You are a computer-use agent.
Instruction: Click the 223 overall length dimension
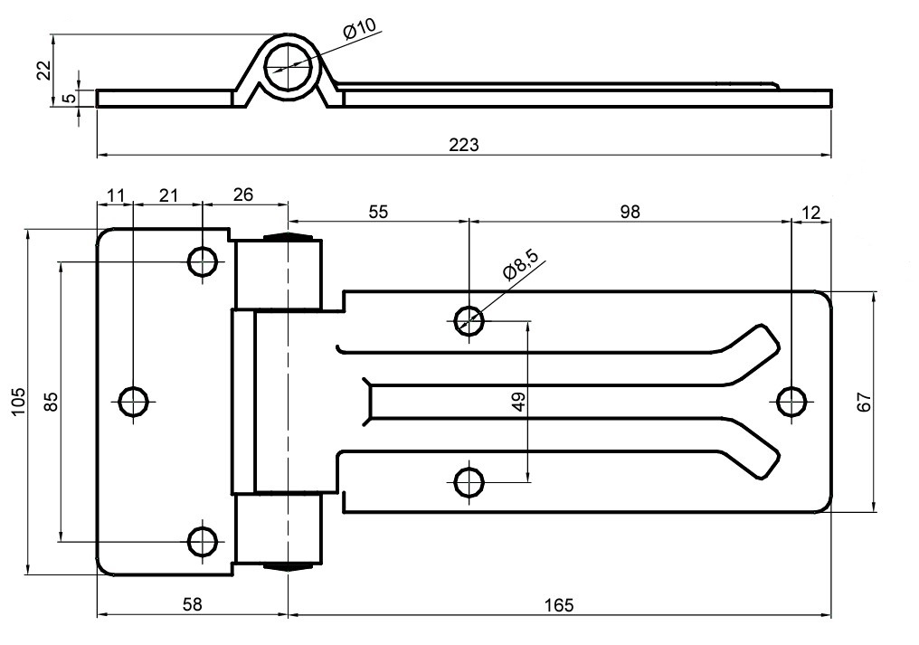point(464,144)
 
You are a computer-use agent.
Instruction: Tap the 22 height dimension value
point(44,70)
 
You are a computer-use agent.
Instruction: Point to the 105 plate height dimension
point(19,401)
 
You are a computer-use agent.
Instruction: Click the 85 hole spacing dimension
point(52,401)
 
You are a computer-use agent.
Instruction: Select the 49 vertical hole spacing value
point(518,402)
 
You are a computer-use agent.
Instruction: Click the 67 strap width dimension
point(865,402)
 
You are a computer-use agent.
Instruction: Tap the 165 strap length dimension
point(559,604)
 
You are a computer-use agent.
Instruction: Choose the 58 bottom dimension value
point(193,604)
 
